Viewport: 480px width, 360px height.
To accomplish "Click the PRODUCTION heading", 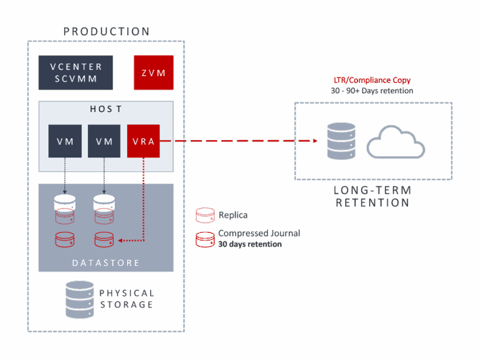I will pyautogui.click(x=107, y=32).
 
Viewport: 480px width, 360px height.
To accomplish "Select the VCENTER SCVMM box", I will pyautogui.click(x=76, y=73).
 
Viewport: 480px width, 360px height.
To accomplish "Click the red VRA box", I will pyautogui.click(x=144, y=141).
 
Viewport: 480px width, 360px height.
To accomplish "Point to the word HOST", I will pyautogui.click(x=106, y=110).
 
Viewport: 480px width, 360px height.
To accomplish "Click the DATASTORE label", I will pyautogui.click(x=106, y=263).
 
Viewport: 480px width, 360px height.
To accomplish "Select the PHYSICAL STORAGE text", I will pyautogui.click(x=126, y=299).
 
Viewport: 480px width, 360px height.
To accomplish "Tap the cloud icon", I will pyautogui.click(x=396, y=142).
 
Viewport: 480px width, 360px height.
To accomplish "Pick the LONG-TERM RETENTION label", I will pyautogui.click(x=372, y=196).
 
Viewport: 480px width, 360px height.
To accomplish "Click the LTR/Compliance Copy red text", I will pyautogui.click(x=372, y=80).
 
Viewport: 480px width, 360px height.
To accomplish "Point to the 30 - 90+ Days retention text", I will pyautogui.click(x=372, y=91).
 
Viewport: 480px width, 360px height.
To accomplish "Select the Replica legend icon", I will pyautogui.click(x=205, y=215).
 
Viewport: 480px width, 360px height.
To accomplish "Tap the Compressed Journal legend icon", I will pyautogui.click(x=205, y=238).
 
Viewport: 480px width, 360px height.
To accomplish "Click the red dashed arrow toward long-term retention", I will pyautogui.click(x=242, y=141).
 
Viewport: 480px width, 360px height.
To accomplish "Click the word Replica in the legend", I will pyautogui.click(x=234, y=215).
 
